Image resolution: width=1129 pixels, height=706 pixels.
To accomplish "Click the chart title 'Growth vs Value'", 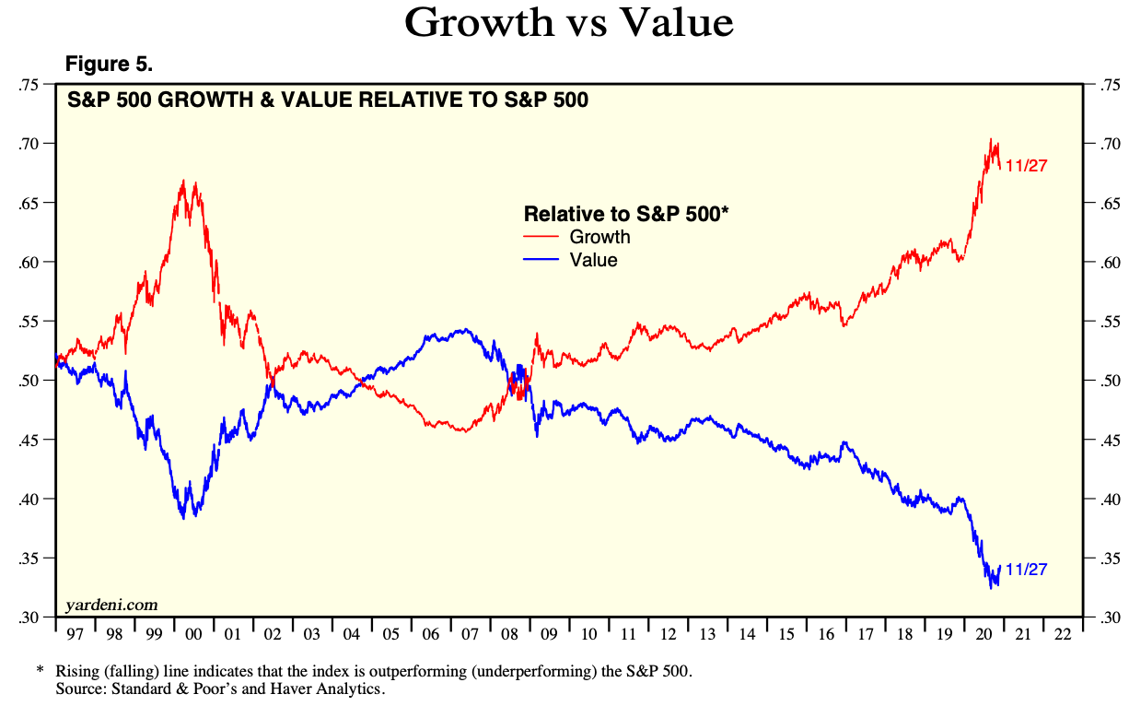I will pyautogui.click(x=568, y=22).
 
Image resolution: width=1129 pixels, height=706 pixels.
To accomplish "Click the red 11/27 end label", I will pyautogui.click(x=1027, y=166).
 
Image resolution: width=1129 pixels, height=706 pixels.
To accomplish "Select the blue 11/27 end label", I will pyautogui.click(x=1027, y=570).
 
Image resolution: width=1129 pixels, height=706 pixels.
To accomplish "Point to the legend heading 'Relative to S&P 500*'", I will pyautogui.click(x=626, y=214).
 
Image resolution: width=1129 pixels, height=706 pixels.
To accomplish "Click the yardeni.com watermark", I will pyautogui.click(x=111, y=606).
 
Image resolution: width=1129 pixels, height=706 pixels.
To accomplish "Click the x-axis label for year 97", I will pyautogui.click(x=75, y=635).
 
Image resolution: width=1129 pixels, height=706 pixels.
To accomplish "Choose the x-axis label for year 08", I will pyautogui.click(x=510, y=635).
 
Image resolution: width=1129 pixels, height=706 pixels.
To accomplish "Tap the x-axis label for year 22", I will pyautogui.click(x=1062, y=635).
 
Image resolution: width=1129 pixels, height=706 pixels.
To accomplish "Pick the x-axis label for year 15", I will pyautogui.click(x=786, y=635).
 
